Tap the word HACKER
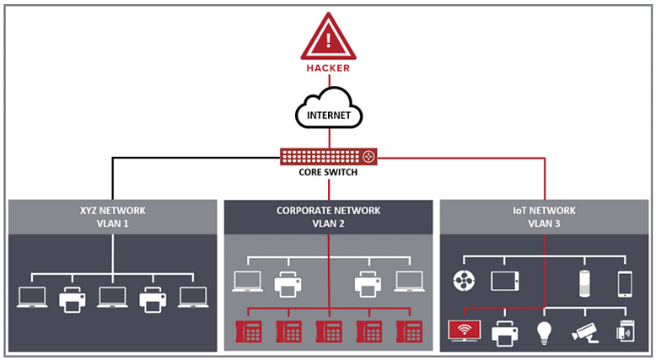click(328, 68)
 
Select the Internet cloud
click(329, 108)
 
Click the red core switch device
click(328, 156)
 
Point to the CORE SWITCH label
click(328, 172)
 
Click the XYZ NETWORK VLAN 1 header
click(113, 217)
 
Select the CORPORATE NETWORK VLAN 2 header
click(328, 217)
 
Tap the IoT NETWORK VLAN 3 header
click(545, 217)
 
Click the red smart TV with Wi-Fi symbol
click(465, 330)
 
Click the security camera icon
click(585, 332)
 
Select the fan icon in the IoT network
click(464, 281)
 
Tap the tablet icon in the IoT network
click(505, 281)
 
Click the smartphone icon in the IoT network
click(625, 284)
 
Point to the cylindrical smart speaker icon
click(584, 284)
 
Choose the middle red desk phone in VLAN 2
click(329, 331)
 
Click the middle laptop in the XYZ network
click(112, 298)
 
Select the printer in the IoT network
click(504, 333)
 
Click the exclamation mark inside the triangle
click(328, 40)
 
